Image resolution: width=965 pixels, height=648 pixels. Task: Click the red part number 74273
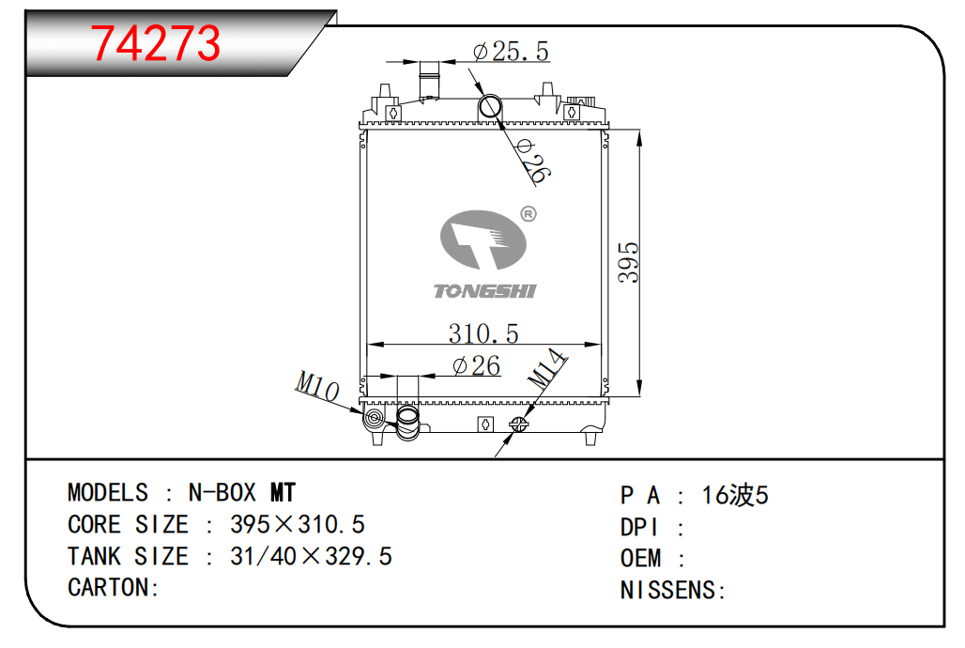point(156,43)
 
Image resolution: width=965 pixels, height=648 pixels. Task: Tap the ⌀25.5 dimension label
point(511,51)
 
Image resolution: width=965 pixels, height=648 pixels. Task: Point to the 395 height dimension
point(628,262)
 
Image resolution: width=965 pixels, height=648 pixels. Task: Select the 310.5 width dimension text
point(483,333)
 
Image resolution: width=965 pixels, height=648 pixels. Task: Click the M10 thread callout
point(317,386)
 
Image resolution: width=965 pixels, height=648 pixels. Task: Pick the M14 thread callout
point(546,368)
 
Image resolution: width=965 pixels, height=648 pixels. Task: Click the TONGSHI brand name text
point(485,291)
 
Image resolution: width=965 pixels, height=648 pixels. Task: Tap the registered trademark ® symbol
point(528,214)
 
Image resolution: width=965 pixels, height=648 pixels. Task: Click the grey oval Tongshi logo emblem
point(483,239)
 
